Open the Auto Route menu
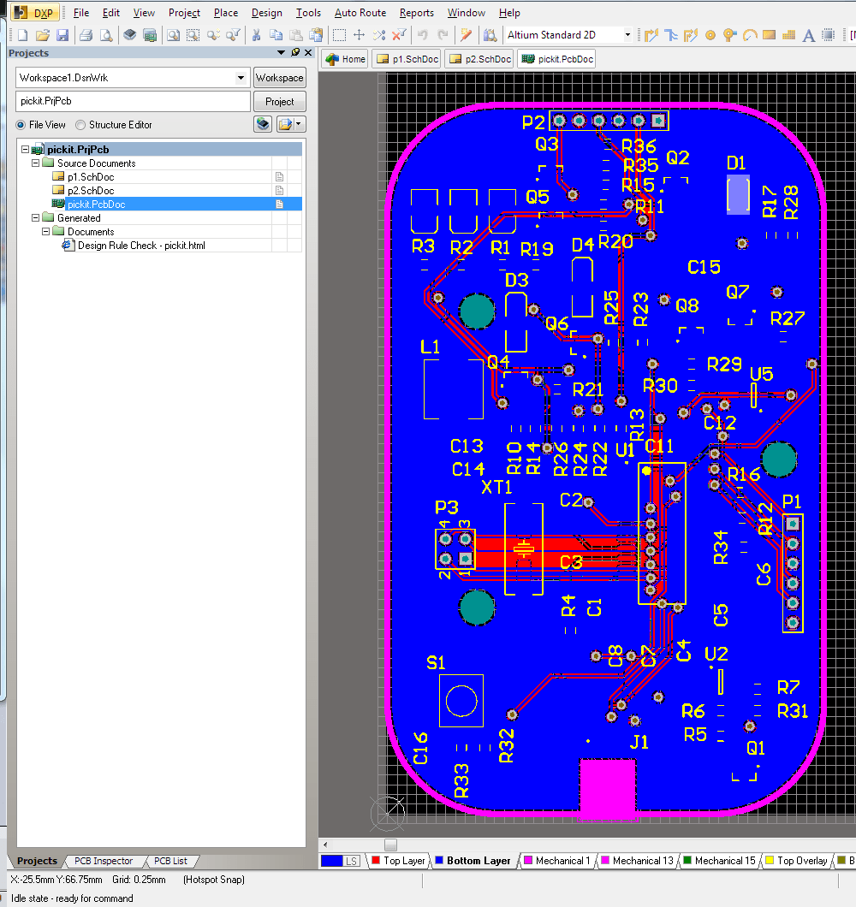click(360, 13)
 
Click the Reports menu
click(416, 13)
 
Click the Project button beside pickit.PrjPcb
click(279, 101)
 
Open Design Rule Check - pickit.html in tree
click(140, 246)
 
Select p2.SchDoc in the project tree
click(91, 191)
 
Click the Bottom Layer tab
click(478, 861)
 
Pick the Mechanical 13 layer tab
click(642, 861)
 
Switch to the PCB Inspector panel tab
click(103, 861)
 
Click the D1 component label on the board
click(736, 163)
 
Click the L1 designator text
click(431, 347)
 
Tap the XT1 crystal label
click(496, 487)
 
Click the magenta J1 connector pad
click(607, 787)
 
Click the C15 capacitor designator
click(704, 267)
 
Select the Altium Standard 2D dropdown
click(568, 35)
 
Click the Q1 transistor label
click(756, 748)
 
